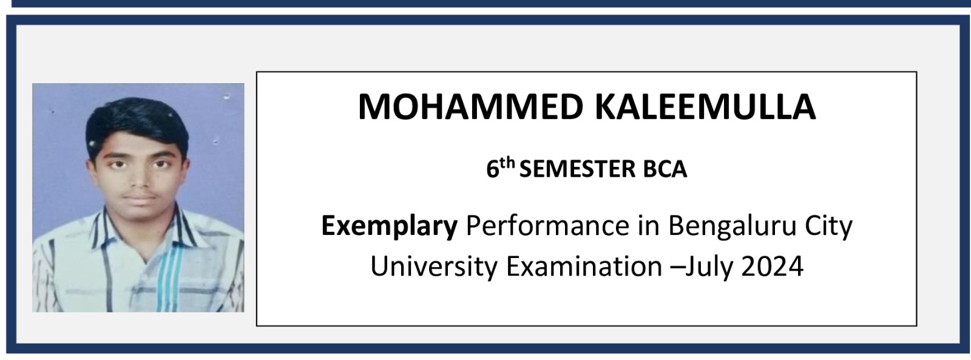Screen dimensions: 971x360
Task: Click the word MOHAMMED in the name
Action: (471, 107)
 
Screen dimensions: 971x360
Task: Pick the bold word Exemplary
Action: (389, 226)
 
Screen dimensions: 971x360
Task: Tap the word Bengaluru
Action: (732, 226)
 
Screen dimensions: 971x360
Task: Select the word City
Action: (828, 226)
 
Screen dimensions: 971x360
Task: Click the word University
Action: (434, 267)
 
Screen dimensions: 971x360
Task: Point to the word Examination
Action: (584, 266)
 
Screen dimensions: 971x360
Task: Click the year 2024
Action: (773, 266)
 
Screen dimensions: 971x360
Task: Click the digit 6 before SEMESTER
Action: (492, 169)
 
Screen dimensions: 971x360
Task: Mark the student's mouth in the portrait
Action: (140, 199)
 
